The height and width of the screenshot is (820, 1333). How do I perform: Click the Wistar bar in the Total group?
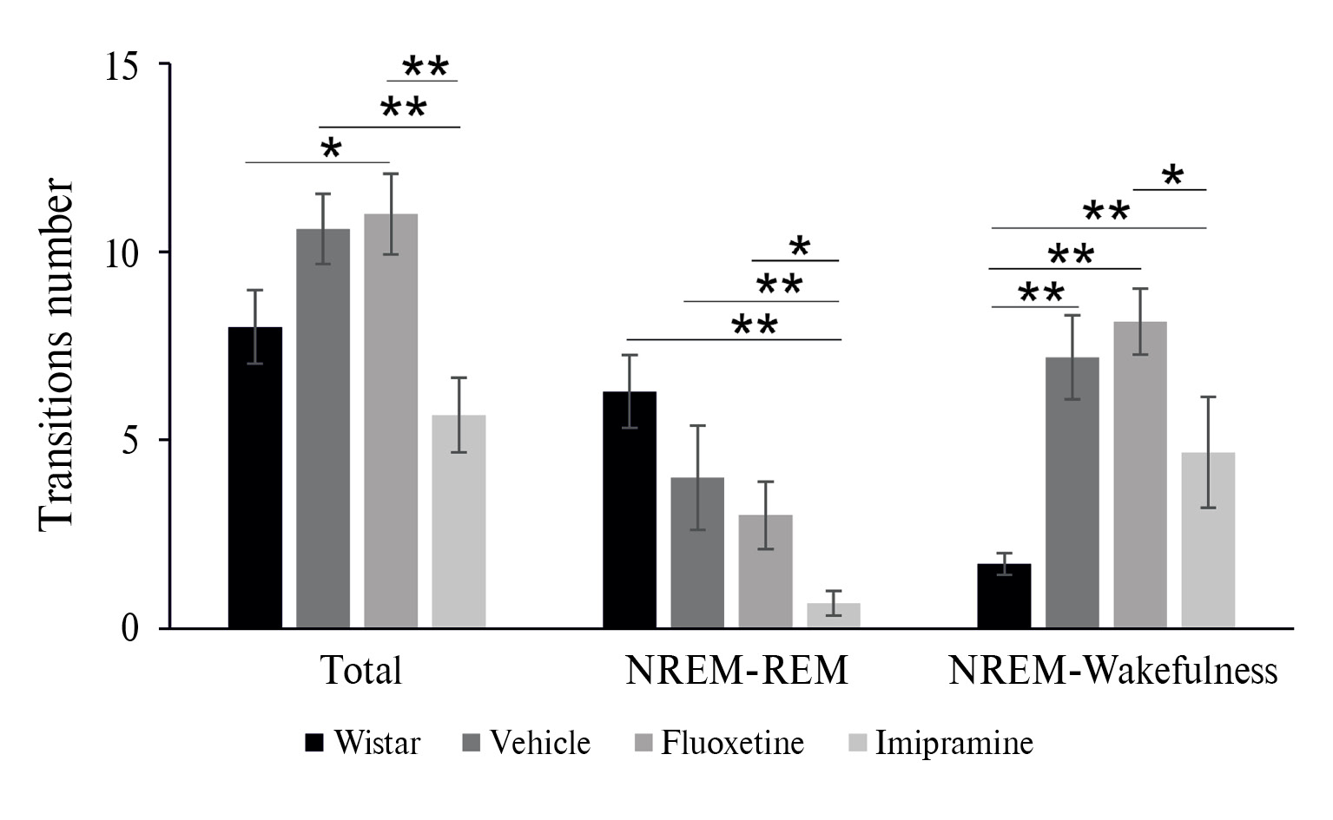tap(254, 477)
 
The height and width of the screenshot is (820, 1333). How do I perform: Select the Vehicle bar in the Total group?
tap(322, 429)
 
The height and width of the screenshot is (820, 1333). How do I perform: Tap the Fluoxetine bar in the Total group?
tap(391, 421)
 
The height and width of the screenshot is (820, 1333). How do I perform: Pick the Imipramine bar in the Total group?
tap(459, 522)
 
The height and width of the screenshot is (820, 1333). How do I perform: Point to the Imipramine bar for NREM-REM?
tap(834, 615)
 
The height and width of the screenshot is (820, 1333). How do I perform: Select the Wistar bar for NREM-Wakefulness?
tap(1004, 596)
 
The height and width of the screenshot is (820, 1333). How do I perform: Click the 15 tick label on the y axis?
tap(122, 66)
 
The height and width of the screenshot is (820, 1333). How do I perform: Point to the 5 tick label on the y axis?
tap(130, 441)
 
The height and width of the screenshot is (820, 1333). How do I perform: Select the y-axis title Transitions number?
tap(56, 352)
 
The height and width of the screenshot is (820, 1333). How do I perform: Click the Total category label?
tap(361, 671)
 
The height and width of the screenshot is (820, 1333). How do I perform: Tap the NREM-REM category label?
tap(736, 671)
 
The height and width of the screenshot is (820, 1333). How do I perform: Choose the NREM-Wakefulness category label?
tap(1112, 671)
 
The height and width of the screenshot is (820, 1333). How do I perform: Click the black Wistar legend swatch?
tap(314, 744)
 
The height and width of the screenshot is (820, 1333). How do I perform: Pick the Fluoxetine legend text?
tap(732, 744)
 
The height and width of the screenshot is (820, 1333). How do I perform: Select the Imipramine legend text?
tap(954, 744)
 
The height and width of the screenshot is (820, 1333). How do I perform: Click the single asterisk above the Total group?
tap(331, 148)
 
